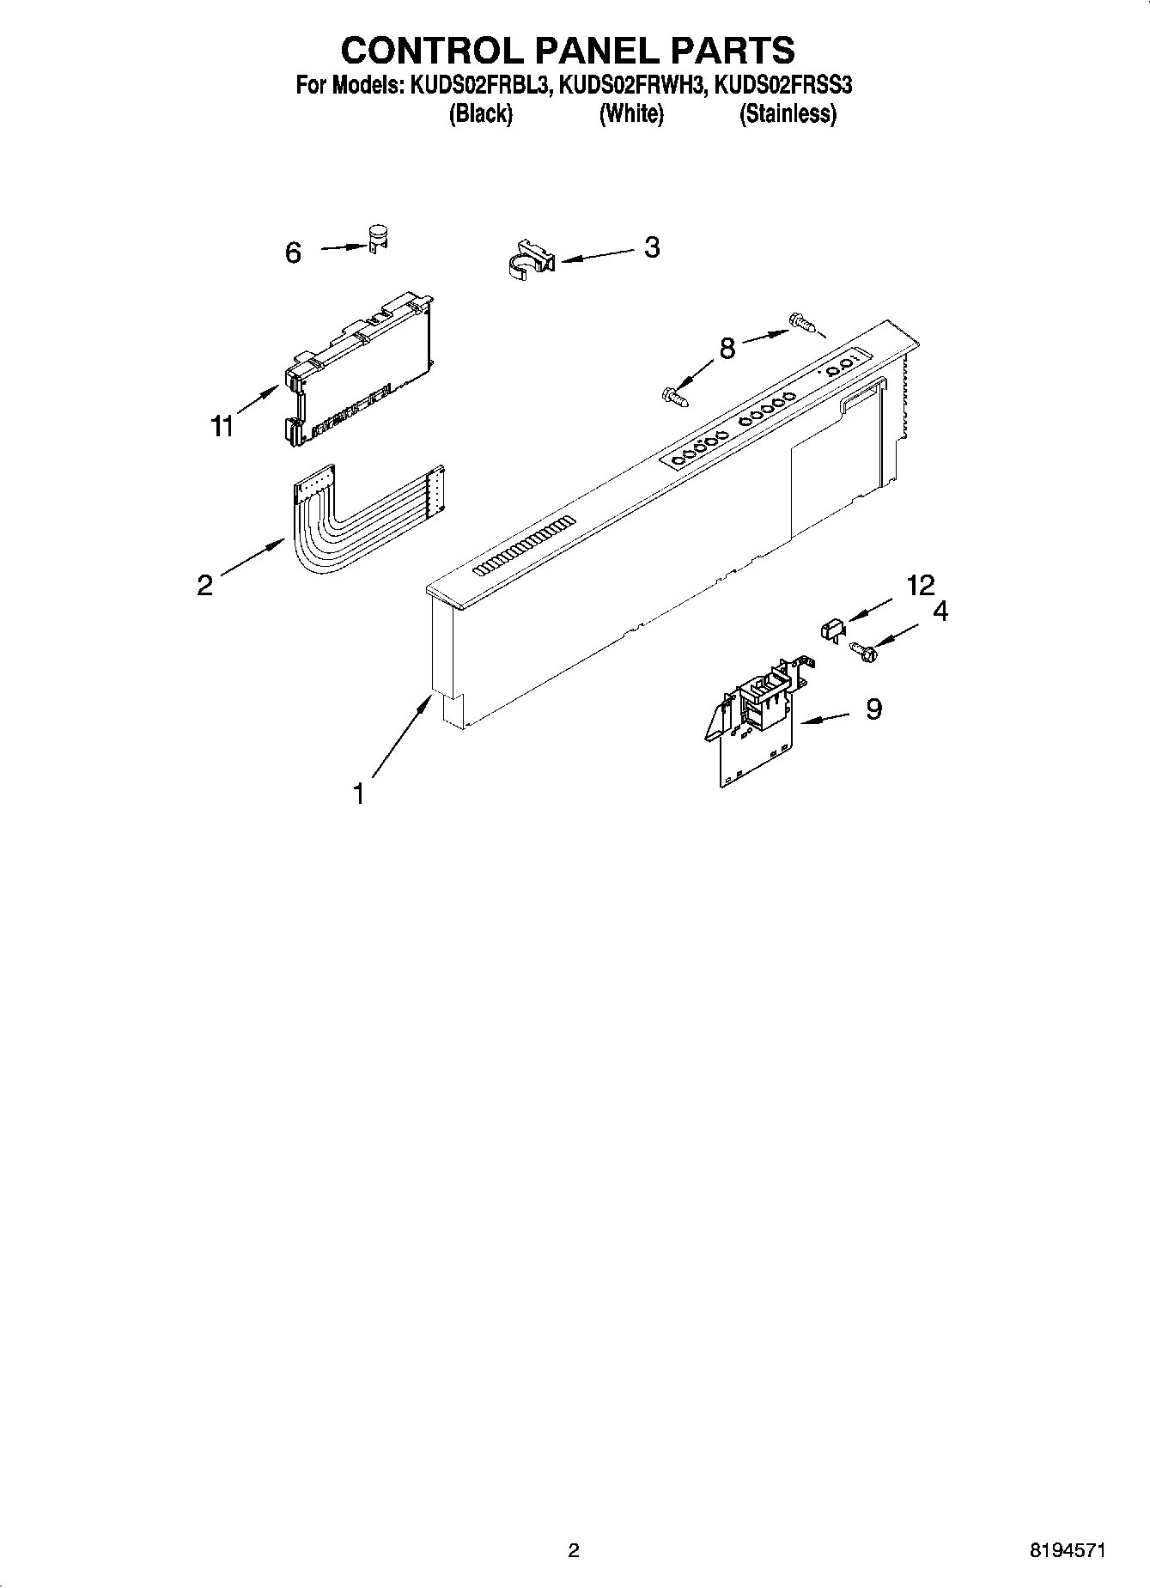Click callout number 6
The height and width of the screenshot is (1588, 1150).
[293, 252]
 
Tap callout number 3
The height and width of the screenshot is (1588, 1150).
[652, 247]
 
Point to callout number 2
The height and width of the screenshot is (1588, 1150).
[204, 585]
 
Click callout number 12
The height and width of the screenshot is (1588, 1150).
[920, 586]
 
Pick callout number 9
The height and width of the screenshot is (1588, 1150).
[873, 709]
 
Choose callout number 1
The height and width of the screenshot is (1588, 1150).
[359, 794]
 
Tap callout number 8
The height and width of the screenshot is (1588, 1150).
[727, 349]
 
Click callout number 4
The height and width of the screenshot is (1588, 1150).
[940, 611]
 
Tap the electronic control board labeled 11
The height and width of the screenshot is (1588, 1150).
[358, 369]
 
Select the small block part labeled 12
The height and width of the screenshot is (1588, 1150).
[829, 630]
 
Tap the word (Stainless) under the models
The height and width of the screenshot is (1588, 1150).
[788, 113]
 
